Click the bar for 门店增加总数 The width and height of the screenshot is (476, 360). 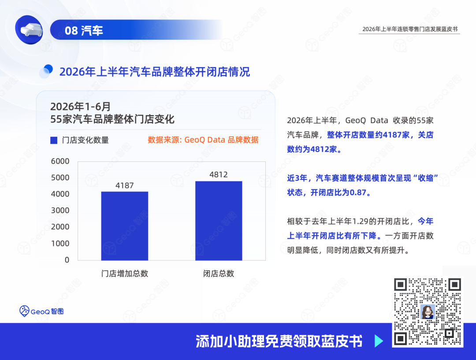coord(124,226)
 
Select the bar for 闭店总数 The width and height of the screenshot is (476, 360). coord(219,221)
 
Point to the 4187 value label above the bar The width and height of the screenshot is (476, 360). coord(124,185)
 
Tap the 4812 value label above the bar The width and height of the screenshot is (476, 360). coord(219,174)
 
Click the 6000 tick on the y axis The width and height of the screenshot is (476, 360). coord(60,161)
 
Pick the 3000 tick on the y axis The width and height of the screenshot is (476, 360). coord(60,210)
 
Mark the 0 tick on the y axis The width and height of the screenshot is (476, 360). coord(67,260)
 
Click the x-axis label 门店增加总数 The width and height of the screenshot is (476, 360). coord(124,274)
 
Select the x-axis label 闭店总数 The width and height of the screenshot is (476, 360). coord(219,274)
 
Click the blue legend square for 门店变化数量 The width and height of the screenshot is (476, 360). coord(54,140)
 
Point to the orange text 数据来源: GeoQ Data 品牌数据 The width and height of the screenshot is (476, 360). coord(203,140)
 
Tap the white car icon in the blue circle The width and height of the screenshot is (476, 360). coord(31,30)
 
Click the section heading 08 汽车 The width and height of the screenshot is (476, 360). coord(84,30)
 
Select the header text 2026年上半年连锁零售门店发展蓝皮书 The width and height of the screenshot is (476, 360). coord(410,29)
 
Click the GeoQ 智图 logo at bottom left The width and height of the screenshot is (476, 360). coord(41,311)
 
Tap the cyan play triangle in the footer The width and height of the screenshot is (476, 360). coord(379,341)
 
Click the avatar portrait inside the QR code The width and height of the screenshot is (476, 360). coord(428,312)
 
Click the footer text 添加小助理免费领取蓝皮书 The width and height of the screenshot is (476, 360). coord(279,341)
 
